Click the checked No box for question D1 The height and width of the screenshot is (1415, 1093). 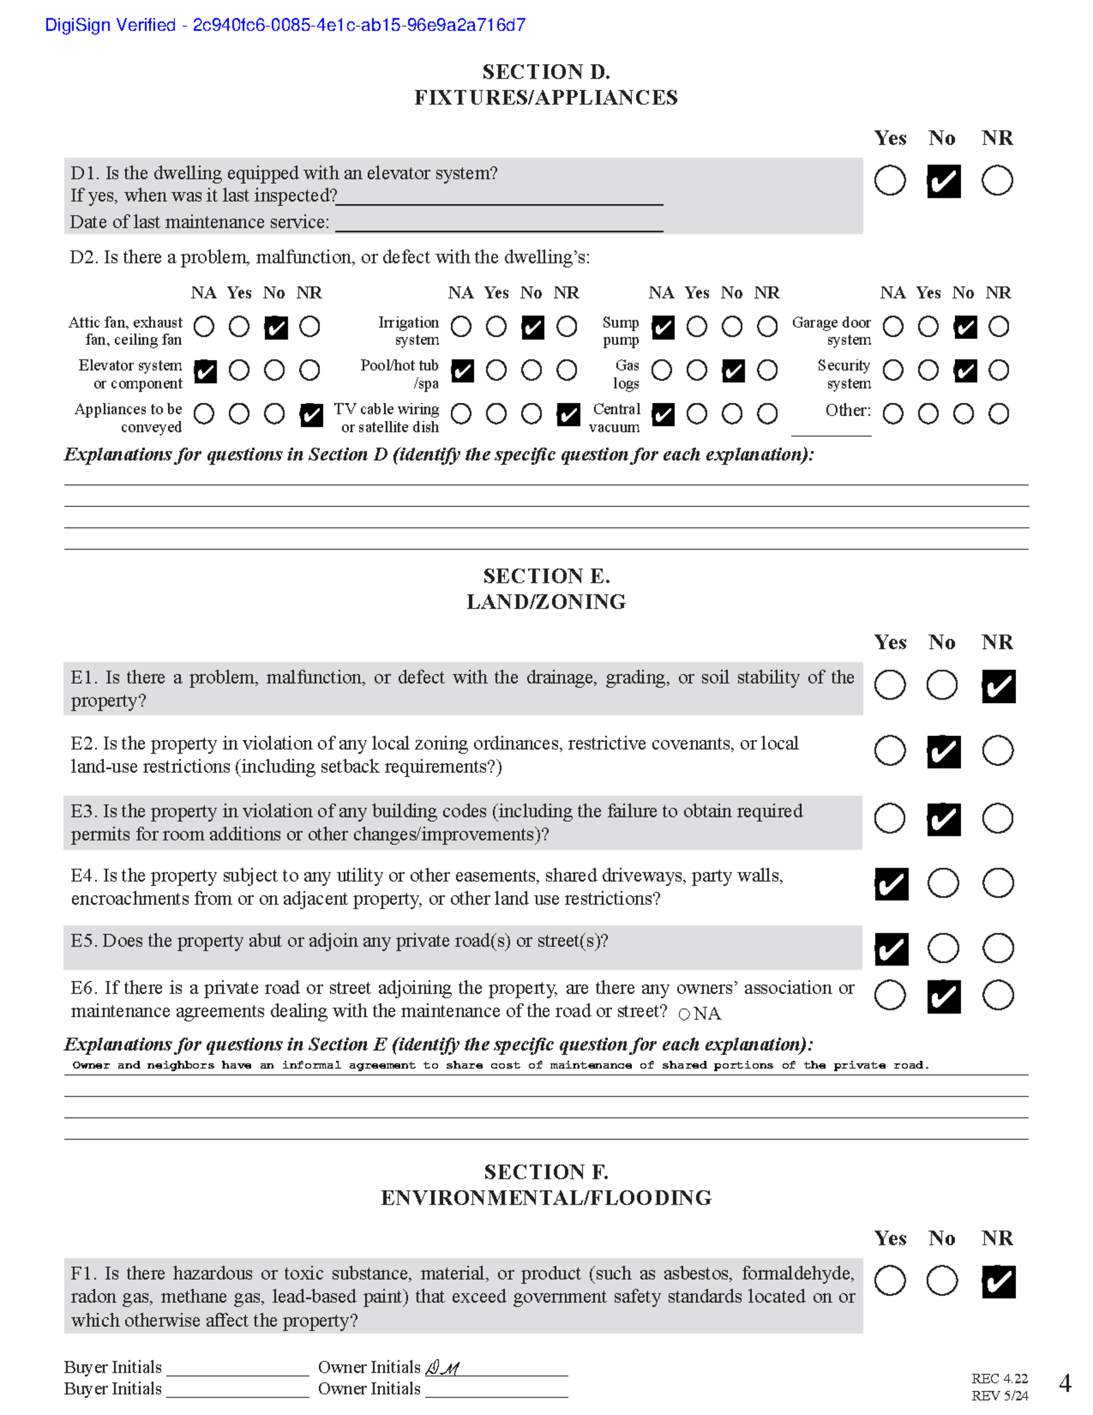[x=943, y=181]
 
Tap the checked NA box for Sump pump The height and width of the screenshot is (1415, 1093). [x=663, y=327]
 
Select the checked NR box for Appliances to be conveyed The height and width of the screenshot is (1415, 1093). [x=311, y=414]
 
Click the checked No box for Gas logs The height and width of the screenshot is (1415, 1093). [x=733, y=371]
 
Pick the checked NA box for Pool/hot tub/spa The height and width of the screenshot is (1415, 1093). [x=462, y=371]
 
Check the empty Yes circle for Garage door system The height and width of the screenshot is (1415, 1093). [x=928, y=327]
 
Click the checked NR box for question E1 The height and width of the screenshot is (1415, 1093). [x=998, y=686]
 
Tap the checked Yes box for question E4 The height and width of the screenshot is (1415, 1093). [x=891, y=884]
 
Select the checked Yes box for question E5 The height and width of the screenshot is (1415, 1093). [x=891, y=949]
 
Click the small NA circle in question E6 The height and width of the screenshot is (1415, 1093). [x=684, y=1014]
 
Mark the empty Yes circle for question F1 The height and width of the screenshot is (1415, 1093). [x=889, y=1280]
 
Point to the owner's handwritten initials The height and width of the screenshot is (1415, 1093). [x=443, y=1367]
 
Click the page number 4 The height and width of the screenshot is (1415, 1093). [x=1064, y=1383]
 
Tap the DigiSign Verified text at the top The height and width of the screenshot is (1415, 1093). [x=285, y=25]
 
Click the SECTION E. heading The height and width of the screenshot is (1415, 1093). [x=546, y=576]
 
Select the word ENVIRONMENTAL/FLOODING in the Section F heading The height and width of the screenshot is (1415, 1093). [x=546, y=1198]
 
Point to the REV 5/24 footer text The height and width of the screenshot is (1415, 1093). [x=999, y=1396]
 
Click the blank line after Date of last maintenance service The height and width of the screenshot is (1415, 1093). [x=499, y=223]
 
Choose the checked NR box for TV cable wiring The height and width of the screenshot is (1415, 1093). [x=568, y=414]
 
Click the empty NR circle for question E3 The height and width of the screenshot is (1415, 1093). [x=997, y=819]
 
